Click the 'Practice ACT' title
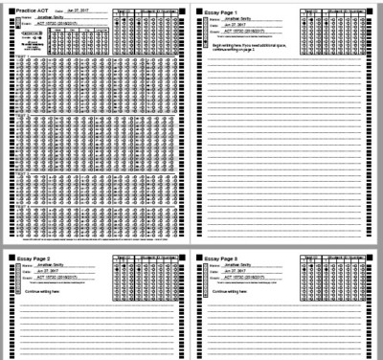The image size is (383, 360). [33, 11]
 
